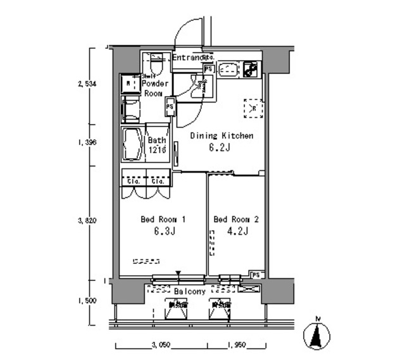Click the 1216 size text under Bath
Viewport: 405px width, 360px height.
(157, 150)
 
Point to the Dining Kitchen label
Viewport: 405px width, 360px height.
(222, 135)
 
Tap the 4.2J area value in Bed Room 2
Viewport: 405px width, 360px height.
(235, 231)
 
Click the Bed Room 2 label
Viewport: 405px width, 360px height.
(235, 220)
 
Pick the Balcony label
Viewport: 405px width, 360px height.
(189, 292)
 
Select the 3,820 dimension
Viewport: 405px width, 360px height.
(87, 221)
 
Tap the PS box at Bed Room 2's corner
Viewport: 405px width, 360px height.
(256, 275)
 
